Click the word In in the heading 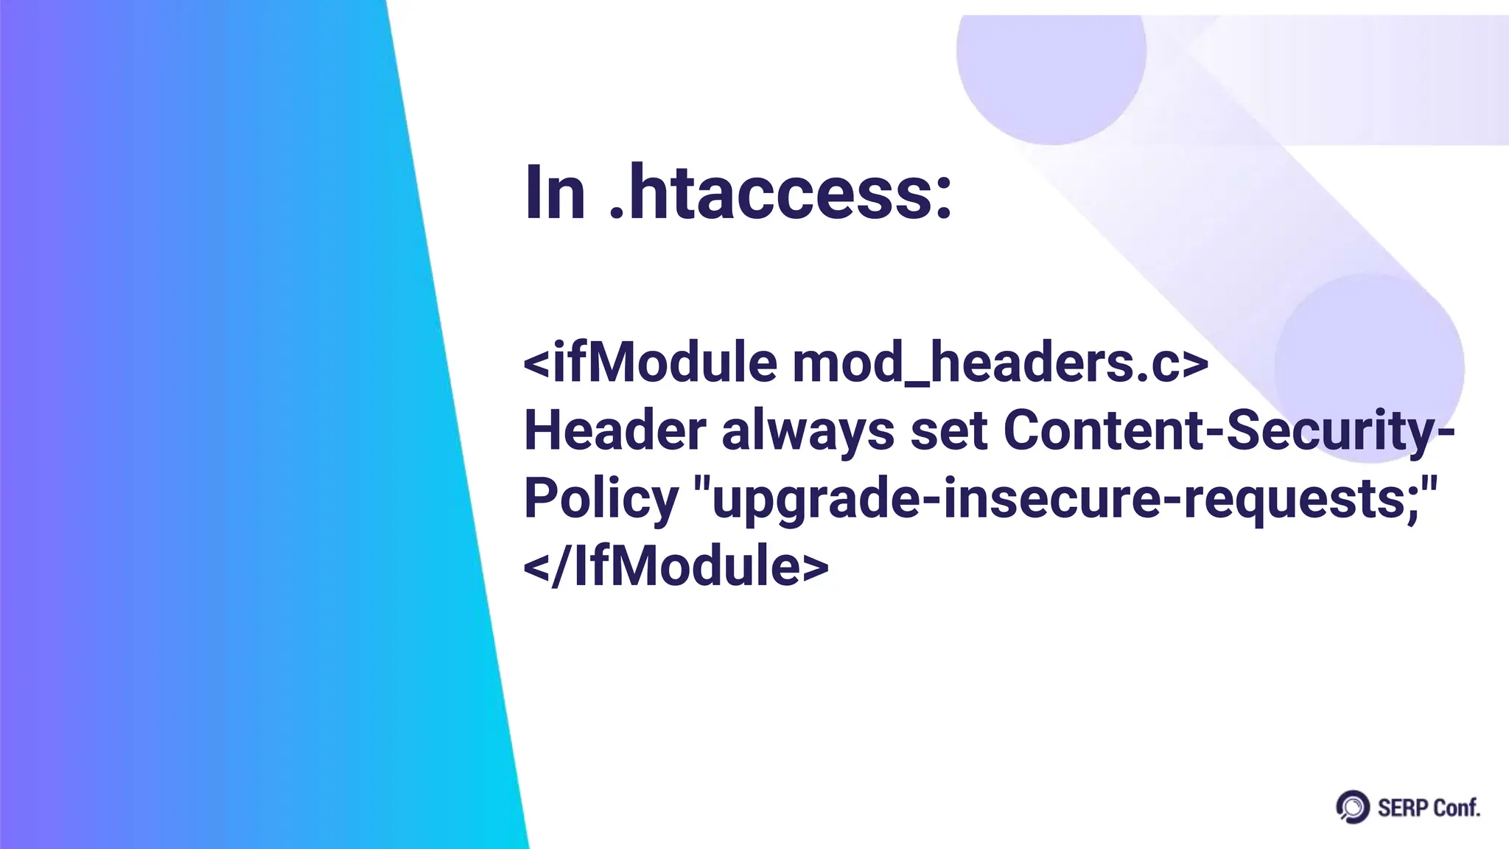click(x=554, y=193)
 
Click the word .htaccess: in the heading click(x=781, y=193)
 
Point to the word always click(x=808, y=432)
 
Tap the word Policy click(x=601, y=500)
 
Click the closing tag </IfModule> click(x=676, y=566)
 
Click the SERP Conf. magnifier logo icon click(x=1352, y=807)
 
